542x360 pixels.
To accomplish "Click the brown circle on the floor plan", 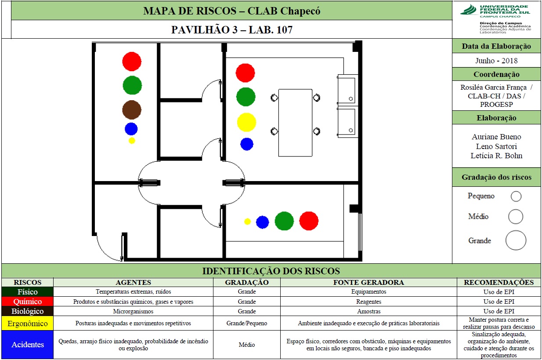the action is (x=132, y=110).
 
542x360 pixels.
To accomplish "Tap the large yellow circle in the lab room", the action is (x=246, y=122).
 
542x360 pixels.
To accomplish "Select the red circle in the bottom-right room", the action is (x=309, y=221).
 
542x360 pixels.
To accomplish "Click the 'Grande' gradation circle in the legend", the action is (x=516, y=240).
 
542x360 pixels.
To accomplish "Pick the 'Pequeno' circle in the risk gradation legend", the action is (x=516, y=196).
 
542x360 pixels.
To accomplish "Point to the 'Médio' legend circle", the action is (x=516, y=217).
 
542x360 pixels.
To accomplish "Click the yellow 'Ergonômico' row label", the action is (x=27, y=323).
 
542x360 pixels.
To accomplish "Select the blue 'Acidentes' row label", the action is (x=27, y=345).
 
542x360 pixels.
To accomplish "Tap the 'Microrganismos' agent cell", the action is (x=133, y=311).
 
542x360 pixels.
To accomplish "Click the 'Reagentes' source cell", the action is (x=369, y=302).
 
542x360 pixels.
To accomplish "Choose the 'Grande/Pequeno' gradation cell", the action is (x=246, y=323).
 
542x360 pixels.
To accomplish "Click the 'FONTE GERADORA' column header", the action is (x=369, y=282).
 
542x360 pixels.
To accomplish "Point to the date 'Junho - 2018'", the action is (x=496, y=61).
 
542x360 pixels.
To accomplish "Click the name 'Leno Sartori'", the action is (x=496, y=146).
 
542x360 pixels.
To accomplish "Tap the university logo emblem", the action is (x=469, y=10).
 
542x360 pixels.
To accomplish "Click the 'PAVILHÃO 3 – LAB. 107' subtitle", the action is (x=232, y=29).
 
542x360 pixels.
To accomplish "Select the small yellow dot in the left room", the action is (x=132, y=140).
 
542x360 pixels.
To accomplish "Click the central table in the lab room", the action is (x=295, y=123).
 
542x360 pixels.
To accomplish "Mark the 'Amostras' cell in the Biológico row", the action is (x=369, y=311).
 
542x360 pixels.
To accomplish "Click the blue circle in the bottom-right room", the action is (x=262, y=222).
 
